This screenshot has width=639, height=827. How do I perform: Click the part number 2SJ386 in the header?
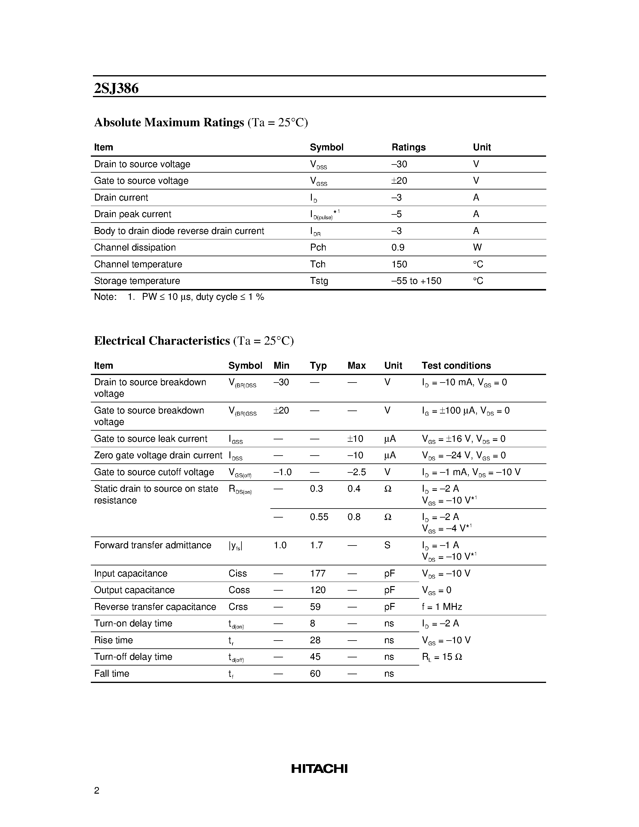(116, 88)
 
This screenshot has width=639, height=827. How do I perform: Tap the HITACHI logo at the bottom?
(319, 768)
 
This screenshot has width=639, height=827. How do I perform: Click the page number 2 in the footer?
(97, 790)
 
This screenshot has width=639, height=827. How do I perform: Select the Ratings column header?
(408, 147)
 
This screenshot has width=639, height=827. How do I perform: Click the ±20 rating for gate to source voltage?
(399, 181)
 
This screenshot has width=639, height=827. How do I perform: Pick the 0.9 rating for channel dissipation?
(398, 247)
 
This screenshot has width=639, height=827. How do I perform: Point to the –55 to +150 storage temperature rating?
(416, 281)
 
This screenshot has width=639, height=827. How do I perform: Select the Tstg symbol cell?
(319, 281)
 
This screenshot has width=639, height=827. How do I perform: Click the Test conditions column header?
(456, 365)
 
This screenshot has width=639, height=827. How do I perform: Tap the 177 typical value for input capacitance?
(317, 573)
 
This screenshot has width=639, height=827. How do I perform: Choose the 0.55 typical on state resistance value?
(319, 517)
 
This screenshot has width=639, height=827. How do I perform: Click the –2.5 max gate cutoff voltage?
(356, 472)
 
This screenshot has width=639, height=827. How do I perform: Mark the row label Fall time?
(112, 673)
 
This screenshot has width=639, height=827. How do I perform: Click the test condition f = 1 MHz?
(442, 607)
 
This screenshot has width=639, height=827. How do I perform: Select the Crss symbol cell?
(238, 607)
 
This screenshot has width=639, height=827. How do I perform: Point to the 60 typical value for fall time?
(315, 673)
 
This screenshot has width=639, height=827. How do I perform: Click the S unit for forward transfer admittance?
(387, 545)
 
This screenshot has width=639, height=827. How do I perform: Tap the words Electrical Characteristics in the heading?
(162, 341)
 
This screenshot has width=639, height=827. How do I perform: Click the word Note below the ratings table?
(104, 297)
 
